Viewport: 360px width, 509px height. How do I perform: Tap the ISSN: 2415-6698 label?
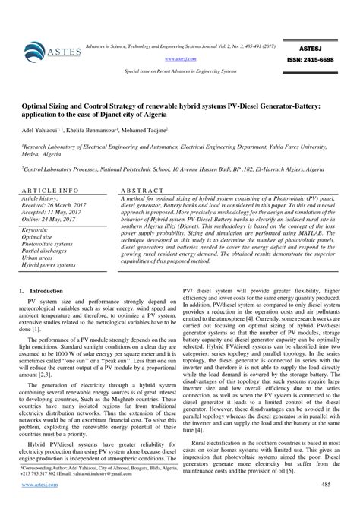(312, 58)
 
